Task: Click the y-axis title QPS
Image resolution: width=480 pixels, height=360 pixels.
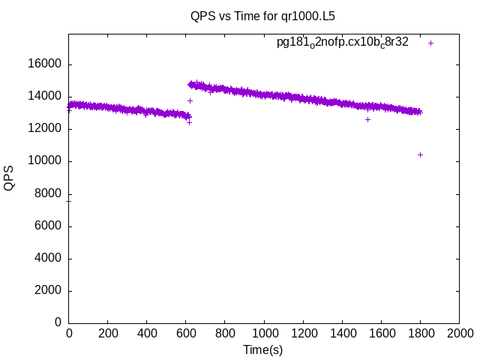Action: click(x=9, y=178)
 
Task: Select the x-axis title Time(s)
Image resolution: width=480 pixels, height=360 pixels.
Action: click(x=262, y=349)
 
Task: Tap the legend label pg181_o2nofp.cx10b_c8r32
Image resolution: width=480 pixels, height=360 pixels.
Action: click(x=343, y=43)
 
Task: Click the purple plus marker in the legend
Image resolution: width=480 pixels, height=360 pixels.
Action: click(x=430, y=43)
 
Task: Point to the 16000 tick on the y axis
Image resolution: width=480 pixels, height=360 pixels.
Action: click(x=46, y=64)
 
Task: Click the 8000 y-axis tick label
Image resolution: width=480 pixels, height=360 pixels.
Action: click(x=49, y=193)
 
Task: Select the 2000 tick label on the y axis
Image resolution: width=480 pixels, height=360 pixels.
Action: click(x=49, y=291)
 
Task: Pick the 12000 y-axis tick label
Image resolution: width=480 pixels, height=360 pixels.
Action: click(x=46, y=129)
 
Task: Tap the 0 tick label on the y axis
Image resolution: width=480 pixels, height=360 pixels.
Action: click(x=58, y=323)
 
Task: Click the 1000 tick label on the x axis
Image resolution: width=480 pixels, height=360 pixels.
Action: click(x=264, y=333)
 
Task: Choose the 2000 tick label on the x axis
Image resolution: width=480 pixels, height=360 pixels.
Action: click(x=459, y=333)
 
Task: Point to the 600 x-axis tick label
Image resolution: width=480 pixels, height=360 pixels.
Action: click(x=186, y=333)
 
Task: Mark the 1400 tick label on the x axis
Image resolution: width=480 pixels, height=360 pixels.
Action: click(x=342, y=333)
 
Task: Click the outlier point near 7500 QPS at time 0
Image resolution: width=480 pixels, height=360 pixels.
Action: click(x=69, y=201)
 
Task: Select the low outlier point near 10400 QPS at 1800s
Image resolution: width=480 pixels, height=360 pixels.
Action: click(x=420, y=154)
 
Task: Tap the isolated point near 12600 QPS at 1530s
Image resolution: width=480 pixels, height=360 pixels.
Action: click(x=367, y=119)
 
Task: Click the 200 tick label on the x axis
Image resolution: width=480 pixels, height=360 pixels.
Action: click(x=108, y=333)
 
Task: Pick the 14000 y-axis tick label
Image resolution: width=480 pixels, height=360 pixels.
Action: click(x=46, y=97)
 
